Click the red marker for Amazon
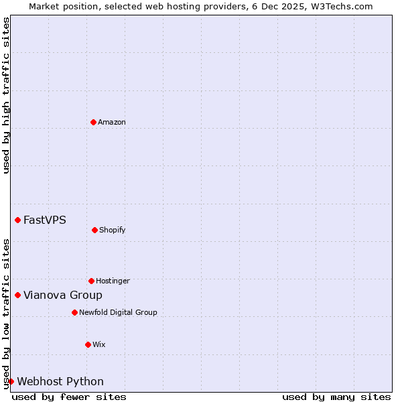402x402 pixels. click(94, 122)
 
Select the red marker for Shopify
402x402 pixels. click(94, 230)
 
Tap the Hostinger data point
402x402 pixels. click(91, 281)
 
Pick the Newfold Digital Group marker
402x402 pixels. click(74, 312)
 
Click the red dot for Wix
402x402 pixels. click(88, 344)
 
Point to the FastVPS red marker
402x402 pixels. click(17, 220)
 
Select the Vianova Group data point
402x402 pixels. click(17, 295)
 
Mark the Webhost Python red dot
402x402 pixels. click(11, 381)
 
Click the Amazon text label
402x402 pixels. click(112, 122)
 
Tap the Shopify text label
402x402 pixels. click(113, 230)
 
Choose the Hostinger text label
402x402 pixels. click(113, 281)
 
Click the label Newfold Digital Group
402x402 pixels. click(118, 312)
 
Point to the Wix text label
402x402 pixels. click(99, 344)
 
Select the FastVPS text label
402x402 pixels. click(45, 220)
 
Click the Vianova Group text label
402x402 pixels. click(63, 295)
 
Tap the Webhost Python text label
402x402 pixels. click(60, 381)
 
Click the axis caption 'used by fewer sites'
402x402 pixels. click(69, 397)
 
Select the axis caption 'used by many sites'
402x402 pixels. click(336, 397)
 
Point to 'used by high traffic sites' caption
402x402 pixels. click(6, 95)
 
